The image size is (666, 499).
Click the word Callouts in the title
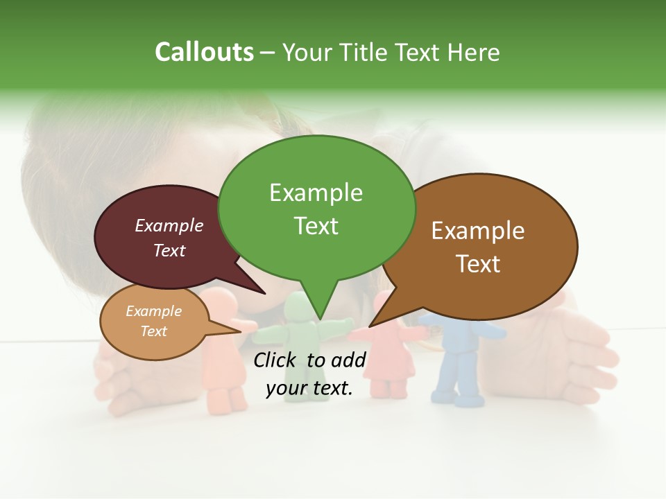click(x=204, y=52)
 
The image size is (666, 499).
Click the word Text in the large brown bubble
click(x=478, y=264)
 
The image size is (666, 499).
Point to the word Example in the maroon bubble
click(x=169, y=225)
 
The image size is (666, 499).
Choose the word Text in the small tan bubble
click(x=154, y=331)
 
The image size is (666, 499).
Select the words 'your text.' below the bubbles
click(x=309, y=389)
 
